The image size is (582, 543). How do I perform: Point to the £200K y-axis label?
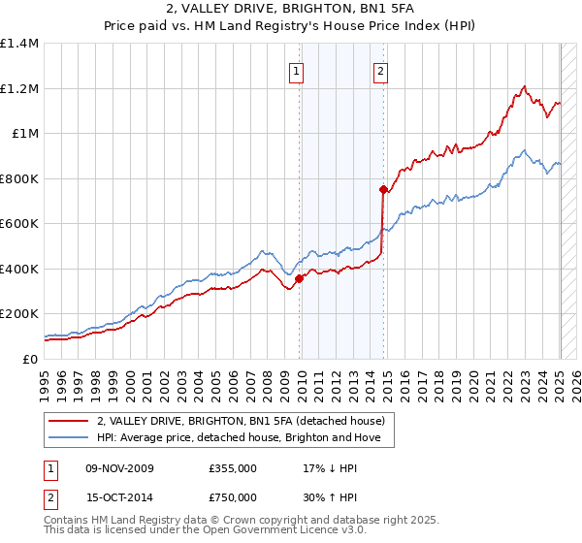coord(19,314)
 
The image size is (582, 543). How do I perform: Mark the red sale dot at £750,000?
coord(383,190)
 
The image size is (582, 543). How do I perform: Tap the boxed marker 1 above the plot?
coord(295,70)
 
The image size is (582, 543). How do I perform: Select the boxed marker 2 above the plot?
coord(380,70)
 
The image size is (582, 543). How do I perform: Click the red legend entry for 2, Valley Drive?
coord(241,421)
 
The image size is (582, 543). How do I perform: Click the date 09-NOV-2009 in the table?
coord(119,468)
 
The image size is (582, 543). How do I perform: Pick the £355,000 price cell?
coord(233,468)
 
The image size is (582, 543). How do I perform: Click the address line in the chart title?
coord(291,12)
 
